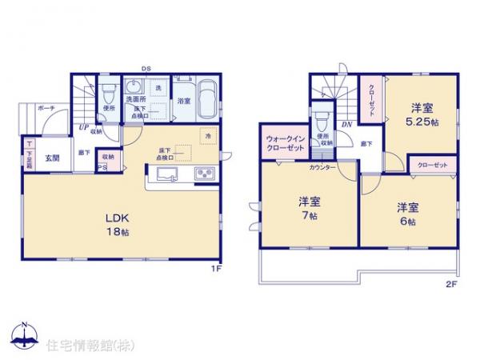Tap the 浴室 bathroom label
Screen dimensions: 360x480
183,102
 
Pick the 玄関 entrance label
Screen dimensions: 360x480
52,158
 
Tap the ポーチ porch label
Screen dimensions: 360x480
46,107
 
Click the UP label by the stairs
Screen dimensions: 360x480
83,127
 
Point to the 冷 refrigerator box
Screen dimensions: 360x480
207,136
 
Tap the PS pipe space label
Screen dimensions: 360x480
101,168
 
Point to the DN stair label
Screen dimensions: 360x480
347,125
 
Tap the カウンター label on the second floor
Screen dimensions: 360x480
322,169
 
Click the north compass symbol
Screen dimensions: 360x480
23,337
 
